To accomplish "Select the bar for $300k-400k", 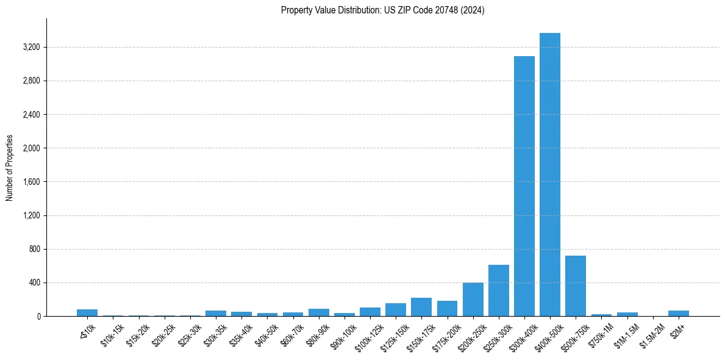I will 524,186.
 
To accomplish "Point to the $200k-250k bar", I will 473,299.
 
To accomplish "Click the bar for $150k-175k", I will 421,307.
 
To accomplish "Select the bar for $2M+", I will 678,314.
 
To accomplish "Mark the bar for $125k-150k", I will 396,310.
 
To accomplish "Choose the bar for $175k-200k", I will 447,308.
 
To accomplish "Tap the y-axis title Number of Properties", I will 10,168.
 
